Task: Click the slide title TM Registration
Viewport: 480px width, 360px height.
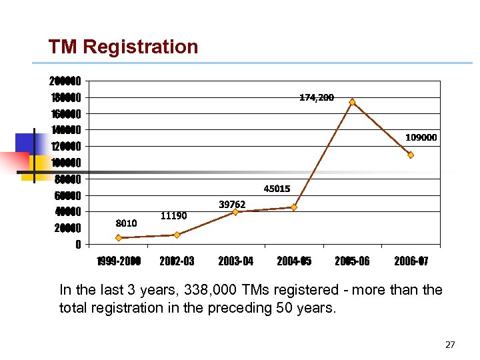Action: click(123, 47)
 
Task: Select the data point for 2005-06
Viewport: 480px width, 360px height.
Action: click(352, 102)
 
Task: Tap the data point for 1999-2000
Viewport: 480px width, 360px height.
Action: click(118, 237)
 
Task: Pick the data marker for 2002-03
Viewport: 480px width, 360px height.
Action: click(177, 235)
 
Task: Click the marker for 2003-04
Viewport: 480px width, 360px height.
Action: click(235, 212)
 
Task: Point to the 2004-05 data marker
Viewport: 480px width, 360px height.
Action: click(294, 207)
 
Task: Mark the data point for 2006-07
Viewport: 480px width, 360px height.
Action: click(411, 155)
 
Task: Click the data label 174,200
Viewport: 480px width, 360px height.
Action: click(317, 97)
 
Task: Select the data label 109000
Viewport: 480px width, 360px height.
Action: click(421, 137)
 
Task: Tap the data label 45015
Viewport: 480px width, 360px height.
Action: click(277, 189)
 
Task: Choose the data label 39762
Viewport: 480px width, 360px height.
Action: click(232, 204)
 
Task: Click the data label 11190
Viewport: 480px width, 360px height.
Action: click(174, 215)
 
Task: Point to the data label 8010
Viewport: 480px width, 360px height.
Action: click(126, 223)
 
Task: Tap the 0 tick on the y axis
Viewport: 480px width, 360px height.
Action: click(78, 245)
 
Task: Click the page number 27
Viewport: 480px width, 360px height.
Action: click(449, 345)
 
